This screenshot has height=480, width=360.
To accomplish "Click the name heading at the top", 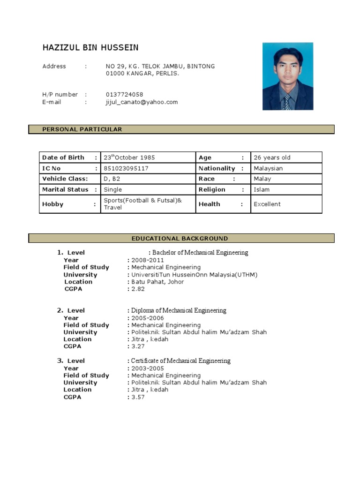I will point(90,48).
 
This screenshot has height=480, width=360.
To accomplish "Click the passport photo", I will point(287,76).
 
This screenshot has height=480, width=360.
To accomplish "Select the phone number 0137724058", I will point(124,95).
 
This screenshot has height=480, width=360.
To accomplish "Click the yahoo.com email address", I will point(142,102).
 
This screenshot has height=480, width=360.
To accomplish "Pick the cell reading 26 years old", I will point(272,157).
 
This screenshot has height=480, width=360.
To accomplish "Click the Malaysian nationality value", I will point(268,168).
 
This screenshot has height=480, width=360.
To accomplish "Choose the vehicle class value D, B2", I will point(112,179).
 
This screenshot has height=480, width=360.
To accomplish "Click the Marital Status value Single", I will point(112,189).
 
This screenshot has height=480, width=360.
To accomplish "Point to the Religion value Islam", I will point(262,189).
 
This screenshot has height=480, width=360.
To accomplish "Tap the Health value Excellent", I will point(267,204).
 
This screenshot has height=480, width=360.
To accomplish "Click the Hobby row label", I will point(52,204).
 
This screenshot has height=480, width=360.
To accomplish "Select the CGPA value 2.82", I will point(138,289).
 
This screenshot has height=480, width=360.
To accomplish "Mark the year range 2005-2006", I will point(148,318).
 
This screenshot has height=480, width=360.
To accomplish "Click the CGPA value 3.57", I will point(138,397).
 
